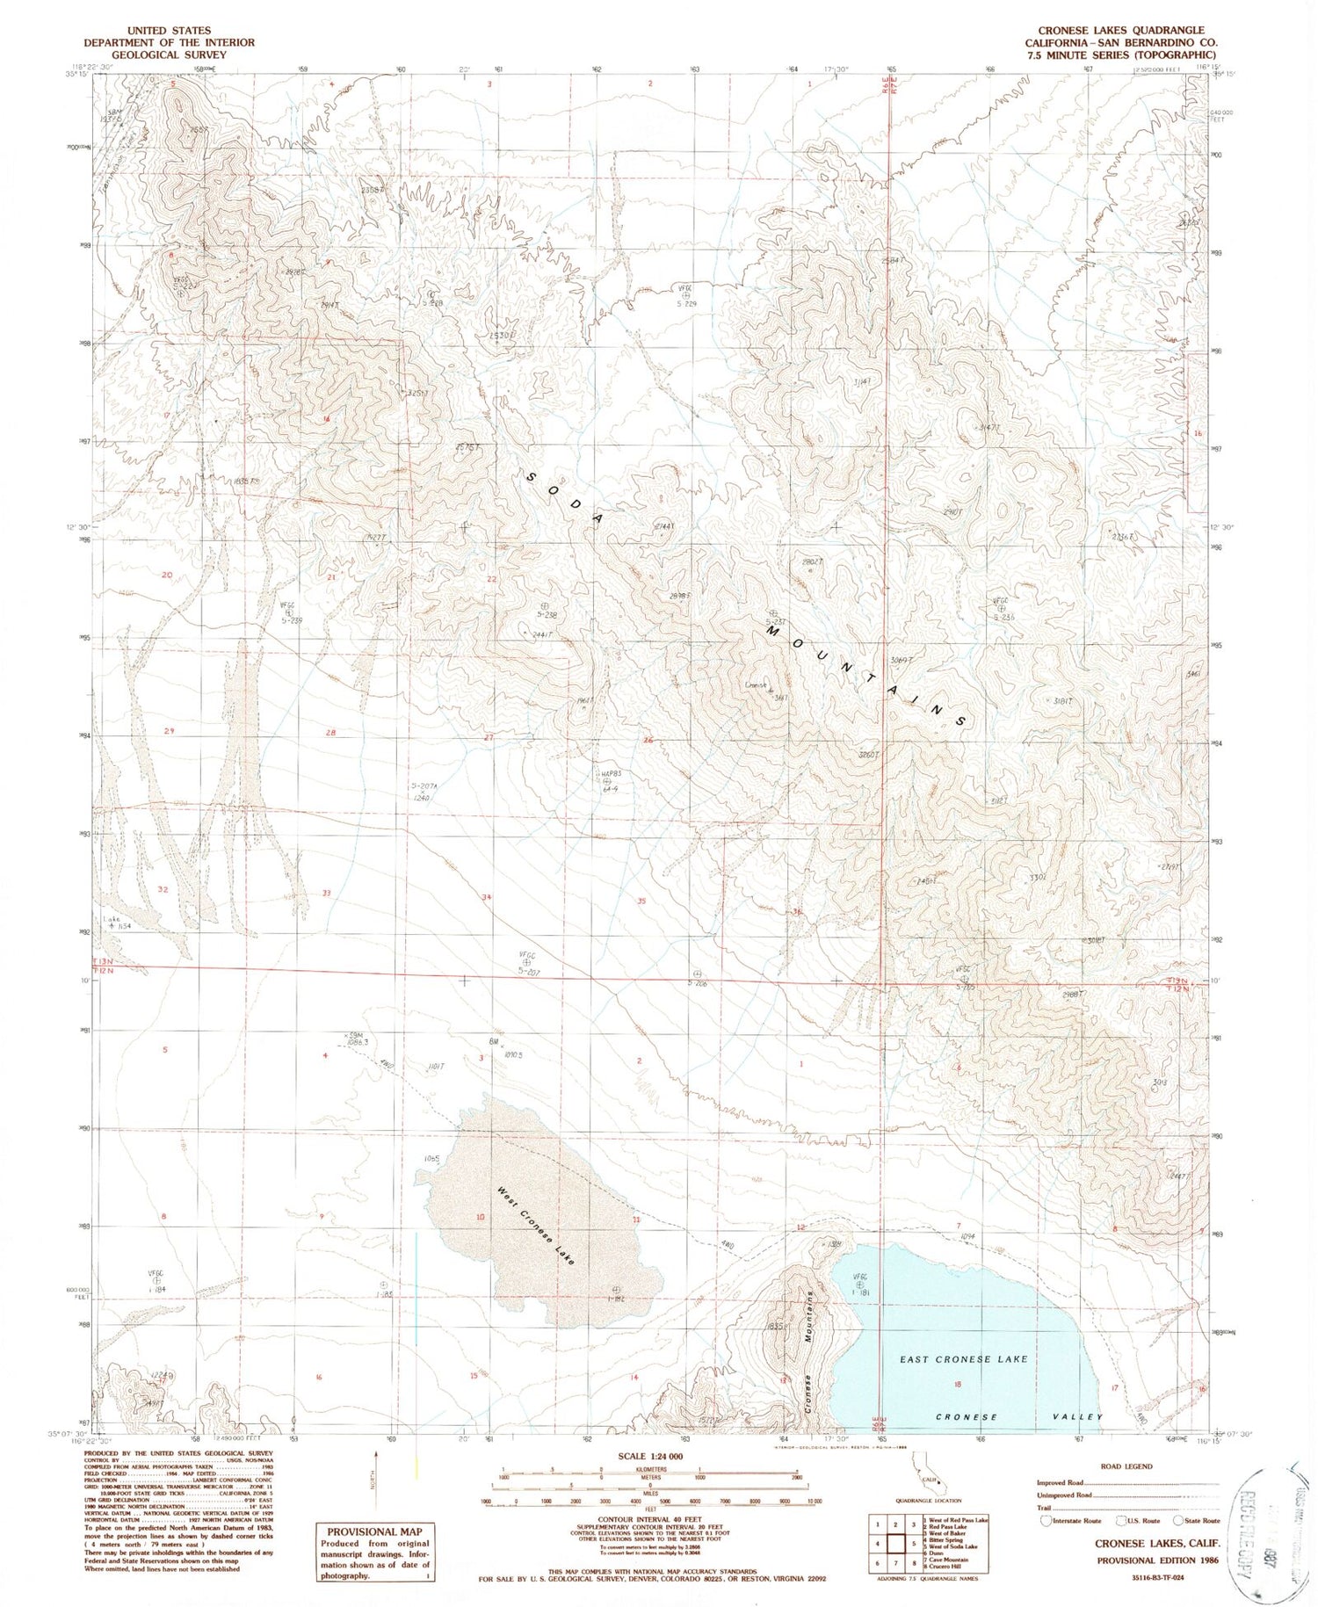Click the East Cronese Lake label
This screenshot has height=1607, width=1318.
[963, 1359]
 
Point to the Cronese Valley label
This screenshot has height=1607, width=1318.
[1019, 1417]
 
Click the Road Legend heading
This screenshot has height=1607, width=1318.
[1127, 1466]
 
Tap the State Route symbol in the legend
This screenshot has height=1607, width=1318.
[1179, 1521]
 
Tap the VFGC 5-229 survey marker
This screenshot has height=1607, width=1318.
[686, 294]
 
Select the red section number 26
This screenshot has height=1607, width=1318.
[648, 741]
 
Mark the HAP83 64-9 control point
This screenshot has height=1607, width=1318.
[606, 780]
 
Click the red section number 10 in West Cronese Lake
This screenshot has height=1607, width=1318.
[480, 1217]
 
